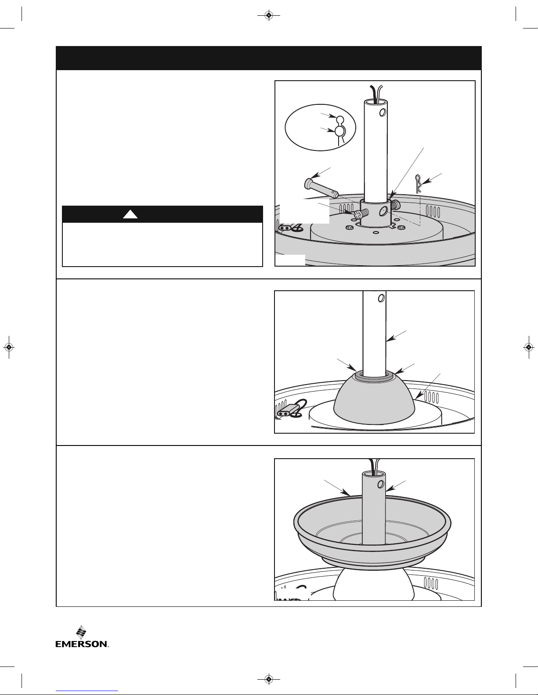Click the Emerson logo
tap(82, 637)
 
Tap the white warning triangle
tap(130, 214)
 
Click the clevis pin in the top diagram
tap(321, 189)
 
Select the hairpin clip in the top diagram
tap(418, 184)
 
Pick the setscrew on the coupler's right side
tap(394, 204)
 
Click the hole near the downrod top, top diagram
tap(382, 112)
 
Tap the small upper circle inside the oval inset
tap(339, 120)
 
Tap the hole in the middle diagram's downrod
tap(381, 298)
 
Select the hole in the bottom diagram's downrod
tap(381, 484)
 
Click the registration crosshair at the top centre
tap(269, 15)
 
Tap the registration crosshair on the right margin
tap(529, 347)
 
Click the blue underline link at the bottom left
tap(87, 691)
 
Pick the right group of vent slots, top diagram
tap(433, 211)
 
